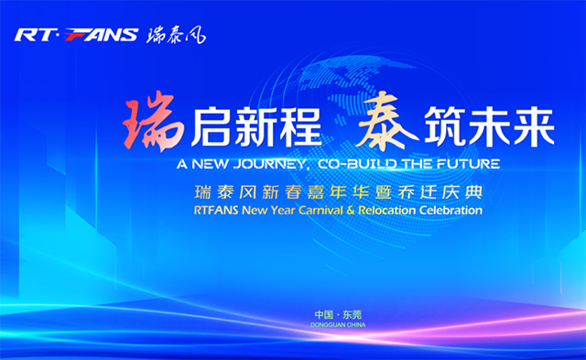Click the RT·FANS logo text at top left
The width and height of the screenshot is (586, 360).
(x=76, y=36)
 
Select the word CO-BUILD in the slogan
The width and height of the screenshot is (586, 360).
(x=349, y=165)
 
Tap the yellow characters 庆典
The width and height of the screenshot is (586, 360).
(x=463, y=192)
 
